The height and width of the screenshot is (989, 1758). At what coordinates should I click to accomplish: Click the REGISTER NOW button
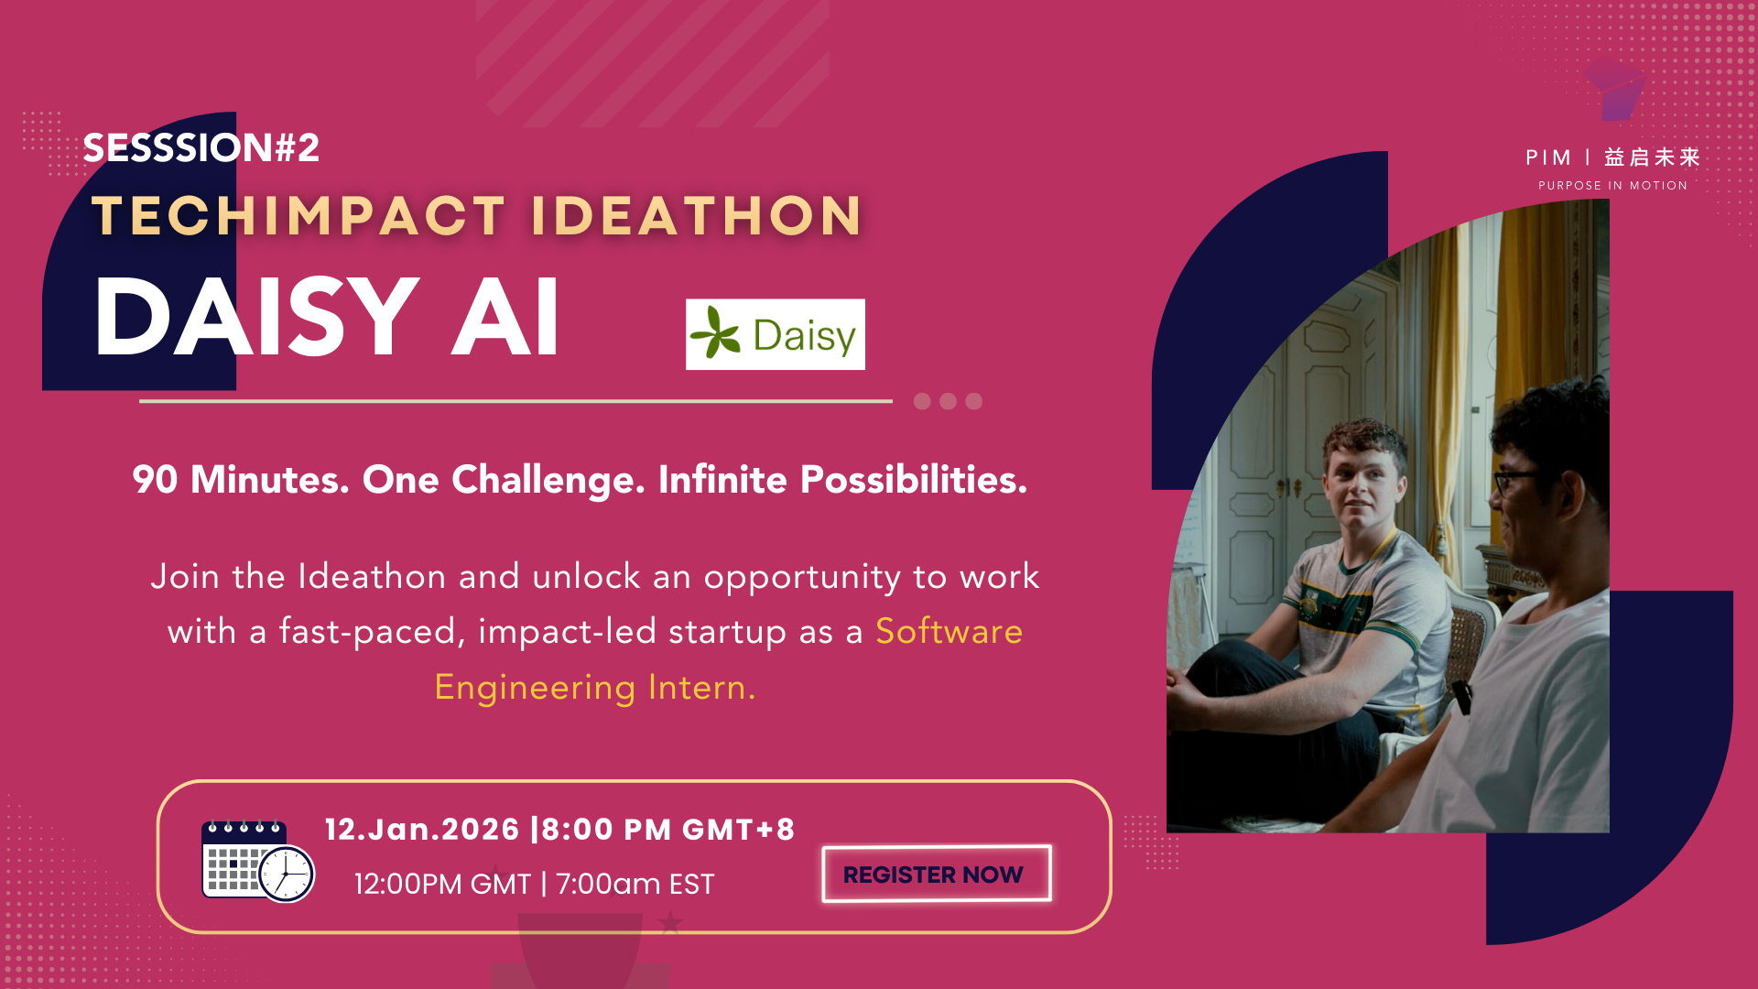(x=936, y=874)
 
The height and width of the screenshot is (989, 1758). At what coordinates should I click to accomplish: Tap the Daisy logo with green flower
(x=775, y=334)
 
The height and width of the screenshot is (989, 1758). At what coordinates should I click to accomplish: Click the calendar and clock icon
(x=257, y=860)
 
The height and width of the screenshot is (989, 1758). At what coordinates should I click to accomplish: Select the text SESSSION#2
(x=201, y=147)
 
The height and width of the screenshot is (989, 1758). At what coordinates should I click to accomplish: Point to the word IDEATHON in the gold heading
(x=696, y=216)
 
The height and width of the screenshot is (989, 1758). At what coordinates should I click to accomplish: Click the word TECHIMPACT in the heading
(x=298, y=216)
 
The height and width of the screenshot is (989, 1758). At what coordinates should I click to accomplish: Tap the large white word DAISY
(x=256, y=317)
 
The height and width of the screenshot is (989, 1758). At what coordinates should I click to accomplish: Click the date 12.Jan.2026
(x=422, y=830)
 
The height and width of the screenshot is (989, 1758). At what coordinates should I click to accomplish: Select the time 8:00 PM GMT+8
(x=668, y=830)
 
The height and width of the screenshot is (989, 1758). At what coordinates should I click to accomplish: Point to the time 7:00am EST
(x=635, y=885)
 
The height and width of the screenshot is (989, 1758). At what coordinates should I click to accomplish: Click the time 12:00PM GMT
(x=442, y=885)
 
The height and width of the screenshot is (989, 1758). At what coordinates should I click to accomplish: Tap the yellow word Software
(x=949, y=631)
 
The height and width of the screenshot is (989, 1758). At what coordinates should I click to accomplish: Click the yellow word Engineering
(x=535, y=688)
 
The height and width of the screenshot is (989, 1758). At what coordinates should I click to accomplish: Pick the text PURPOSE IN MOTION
(x=1612, y=185)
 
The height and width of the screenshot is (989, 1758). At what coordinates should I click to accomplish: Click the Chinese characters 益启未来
(x=1652, y=158)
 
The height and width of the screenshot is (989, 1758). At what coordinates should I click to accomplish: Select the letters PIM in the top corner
(x=1548, y=158)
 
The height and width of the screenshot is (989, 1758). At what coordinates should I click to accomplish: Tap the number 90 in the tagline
(x=155, y=480)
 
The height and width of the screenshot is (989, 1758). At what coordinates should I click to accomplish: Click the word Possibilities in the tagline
(x=914, y=480)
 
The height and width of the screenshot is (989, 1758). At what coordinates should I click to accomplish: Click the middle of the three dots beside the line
(x=948, y=401)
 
